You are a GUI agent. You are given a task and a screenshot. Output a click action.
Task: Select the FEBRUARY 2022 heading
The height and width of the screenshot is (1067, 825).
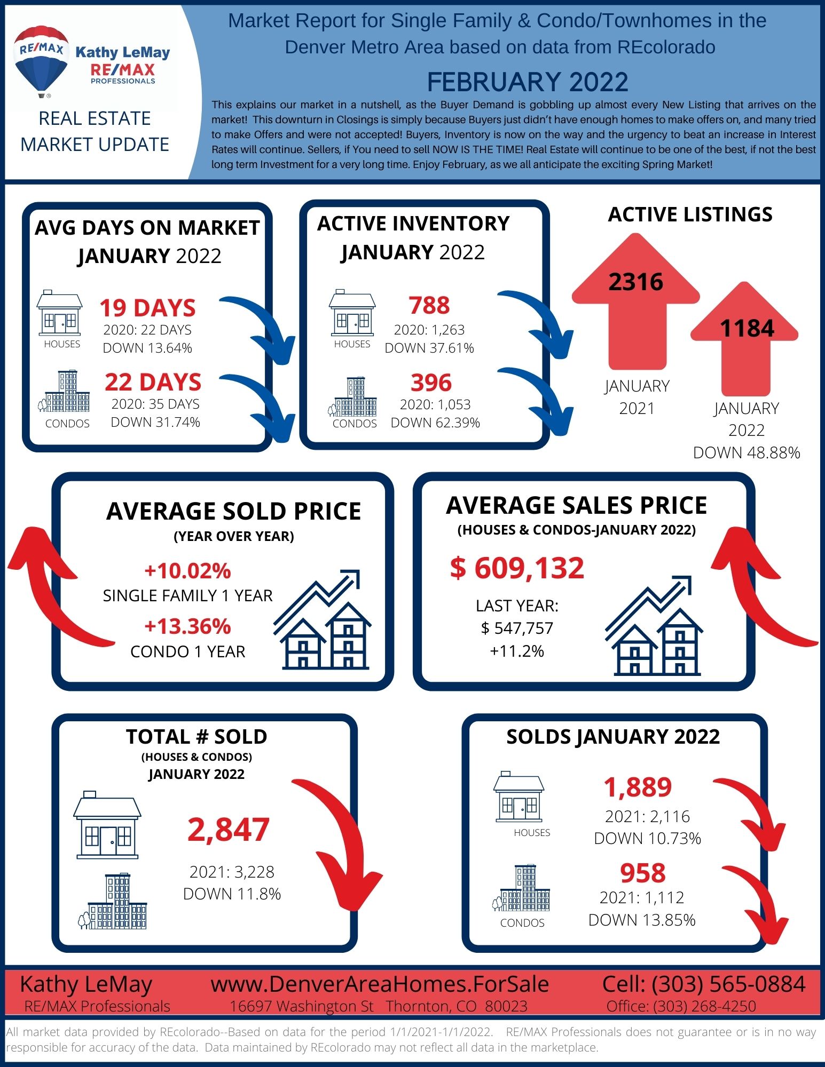click(528, 82)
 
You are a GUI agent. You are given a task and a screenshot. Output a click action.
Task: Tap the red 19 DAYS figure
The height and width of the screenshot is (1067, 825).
click(148, 308)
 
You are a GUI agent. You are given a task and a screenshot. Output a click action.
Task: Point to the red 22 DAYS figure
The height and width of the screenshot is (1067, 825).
click(153, 382)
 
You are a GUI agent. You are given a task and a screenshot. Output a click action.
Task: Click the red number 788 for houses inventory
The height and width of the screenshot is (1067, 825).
click(429, 306)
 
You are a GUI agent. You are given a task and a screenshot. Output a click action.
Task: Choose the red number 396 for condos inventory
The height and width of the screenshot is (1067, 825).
click(431, 383)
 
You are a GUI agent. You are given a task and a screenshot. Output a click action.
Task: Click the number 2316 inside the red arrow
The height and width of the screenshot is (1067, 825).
click(635, 282)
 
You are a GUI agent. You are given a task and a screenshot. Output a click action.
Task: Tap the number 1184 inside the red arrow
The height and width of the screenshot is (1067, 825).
click(747, 328)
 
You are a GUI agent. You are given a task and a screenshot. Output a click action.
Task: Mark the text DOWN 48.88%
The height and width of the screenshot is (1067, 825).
click(747, 452)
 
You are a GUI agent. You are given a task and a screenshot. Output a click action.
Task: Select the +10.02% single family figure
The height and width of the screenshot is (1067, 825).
click(187, 571)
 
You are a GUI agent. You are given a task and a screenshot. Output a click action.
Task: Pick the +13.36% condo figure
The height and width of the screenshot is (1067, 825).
click(187, 626)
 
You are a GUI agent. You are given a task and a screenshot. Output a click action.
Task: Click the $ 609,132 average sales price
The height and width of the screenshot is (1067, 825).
click(517, 568)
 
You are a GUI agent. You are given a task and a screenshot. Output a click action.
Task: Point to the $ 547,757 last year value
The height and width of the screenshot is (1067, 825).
click(517, 628)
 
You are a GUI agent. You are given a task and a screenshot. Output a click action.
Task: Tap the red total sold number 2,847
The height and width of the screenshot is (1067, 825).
click(229, 830)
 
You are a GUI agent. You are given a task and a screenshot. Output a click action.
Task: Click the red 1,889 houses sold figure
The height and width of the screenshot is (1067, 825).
click(638, 787)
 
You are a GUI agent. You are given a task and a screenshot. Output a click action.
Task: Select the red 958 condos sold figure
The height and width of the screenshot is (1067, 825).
click(643, 873)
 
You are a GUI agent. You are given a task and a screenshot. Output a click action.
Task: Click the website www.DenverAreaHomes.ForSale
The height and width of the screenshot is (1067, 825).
click(380, 984)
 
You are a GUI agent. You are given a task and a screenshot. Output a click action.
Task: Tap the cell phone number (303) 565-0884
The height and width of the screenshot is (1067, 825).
click(728, 984)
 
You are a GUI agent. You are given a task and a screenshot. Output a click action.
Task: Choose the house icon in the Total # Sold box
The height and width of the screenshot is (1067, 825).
click(107, 825)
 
